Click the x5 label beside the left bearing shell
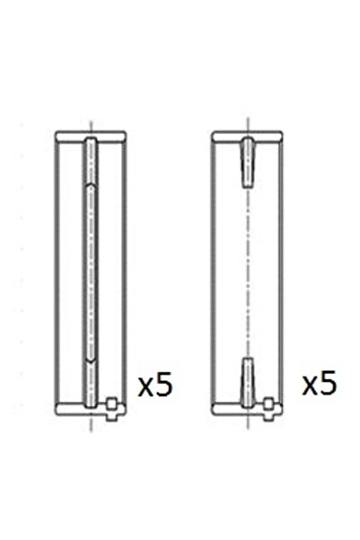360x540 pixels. tap(154, 387)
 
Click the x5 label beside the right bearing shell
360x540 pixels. tap(319, 385)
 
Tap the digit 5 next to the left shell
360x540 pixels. tap(162, 386)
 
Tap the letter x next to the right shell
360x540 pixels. tap(310, 387)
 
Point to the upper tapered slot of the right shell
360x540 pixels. tap(248, 162)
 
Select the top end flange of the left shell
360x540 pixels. tap(90, 136)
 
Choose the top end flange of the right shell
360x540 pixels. tap(248, 136)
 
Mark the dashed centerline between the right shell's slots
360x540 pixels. tap(248, 270)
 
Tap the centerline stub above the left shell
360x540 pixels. tap(90, 123)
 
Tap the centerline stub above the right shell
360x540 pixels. tap(248, 123)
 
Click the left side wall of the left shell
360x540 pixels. tap(60, 270)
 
